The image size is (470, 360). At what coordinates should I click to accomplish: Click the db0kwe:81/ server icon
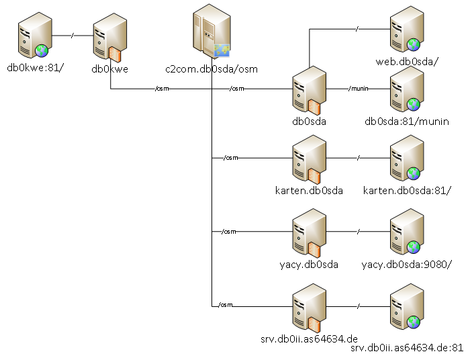coord(34,38)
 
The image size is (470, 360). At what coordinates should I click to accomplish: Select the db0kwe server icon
coord(109,38)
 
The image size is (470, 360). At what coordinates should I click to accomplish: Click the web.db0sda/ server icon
coord(407,30)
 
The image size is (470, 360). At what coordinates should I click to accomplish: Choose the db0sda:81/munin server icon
coord(407,90)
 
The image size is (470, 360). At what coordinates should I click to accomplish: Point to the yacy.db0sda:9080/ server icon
coord(407,233)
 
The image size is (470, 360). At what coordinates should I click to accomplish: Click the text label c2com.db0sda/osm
coord(211,69)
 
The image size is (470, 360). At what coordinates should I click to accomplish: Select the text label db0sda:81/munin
coord(406,121)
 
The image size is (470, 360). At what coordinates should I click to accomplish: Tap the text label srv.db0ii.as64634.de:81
coord(408,347)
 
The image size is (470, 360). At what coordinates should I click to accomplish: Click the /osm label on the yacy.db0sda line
coord(229,232)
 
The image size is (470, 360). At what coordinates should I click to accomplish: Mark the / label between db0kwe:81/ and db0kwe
coord(72,34)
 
